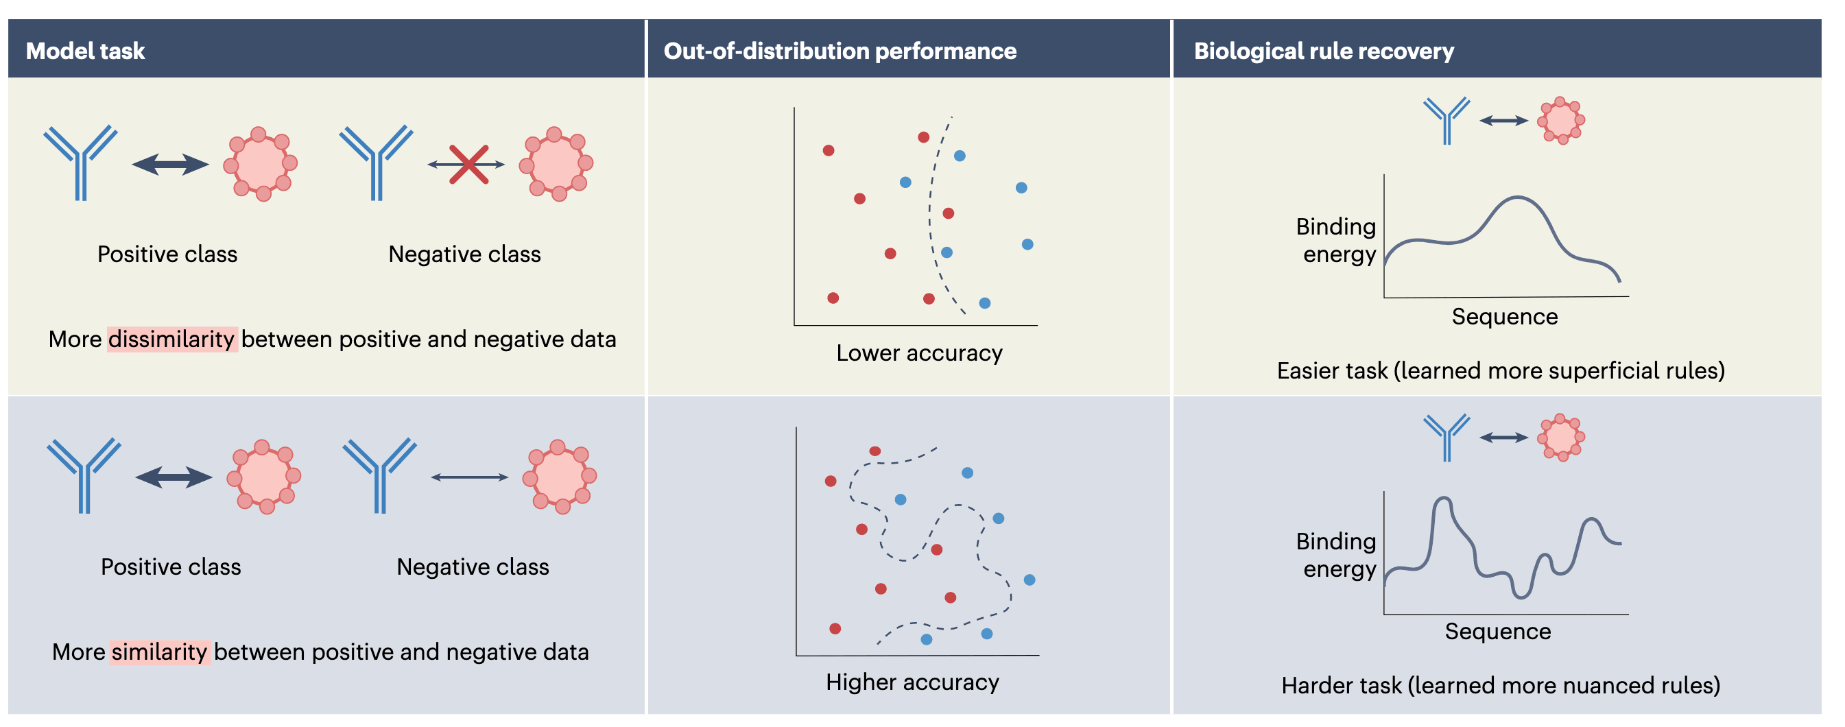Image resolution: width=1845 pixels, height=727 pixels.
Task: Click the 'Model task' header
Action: point(85,51)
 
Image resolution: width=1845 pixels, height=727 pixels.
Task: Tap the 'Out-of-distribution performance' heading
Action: point(840,51)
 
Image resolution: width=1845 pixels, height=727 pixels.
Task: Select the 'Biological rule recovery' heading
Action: point(1324,51)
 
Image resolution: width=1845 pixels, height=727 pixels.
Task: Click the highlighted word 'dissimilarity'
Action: point(172,339)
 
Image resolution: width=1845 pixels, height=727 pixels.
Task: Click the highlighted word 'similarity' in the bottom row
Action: point(160,652)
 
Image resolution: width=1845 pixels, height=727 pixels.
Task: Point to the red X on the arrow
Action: point(468,164)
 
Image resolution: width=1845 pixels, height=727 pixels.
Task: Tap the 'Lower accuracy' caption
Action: point(919,353)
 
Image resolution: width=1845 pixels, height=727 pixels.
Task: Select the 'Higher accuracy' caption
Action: point(912,682)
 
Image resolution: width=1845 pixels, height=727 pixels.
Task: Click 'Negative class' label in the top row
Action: point(464,254)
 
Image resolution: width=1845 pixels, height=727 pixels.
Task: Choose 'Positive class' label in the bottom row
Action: point(171,567)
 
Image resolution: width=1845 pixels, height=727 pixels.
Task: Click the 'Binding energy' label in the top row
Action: point(1337,241)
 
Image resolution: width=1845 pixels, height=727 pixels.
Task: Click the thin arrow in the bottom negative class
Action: point(469,477)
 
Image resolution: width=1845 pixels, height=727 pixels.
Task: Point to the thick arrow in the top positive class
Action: point(171,164)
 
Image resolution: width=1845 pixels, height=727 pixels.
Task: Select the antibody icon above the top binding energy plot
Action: point(1446,119)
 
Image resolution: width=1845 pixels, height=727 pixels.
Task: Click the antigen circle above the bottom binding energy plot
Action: point(1560,437)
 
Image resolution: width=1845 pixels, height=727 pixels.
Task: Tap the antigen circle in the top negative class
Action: point(557,164)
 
